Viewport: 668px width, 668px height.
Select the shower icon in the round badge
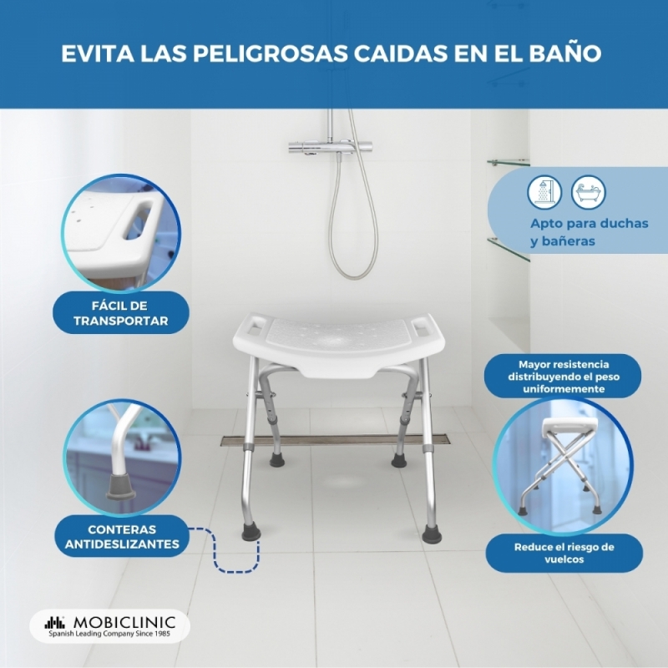pos(544,193)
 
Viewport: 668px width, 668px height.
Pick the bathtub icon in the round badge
pos(589,193)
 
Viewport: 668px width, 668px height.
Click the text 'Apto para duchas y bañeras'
pos(590,232)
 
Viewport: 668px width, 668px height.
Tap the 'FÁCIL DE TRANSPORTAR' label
pos(121,313)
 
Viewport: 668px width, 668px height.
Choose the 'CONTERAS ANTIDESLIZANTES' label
pos(122,536)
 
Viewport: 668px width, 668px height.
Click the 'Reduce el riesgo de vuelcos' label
pos(564,553)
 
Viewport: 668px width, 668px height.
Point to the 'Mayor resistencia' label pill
pos(563,377)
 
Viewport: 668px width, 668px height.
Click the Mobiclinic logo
pos(110,625)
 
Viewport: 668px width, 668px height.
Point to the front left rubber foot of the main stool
pos(251,531)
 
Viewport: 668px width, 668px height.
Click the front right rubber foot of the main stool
pos(432,534)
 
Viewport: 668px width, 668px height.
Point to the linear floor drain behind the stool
pos(335,440)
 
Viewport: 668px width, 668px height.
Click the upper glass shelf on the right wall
pos(509,162)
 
